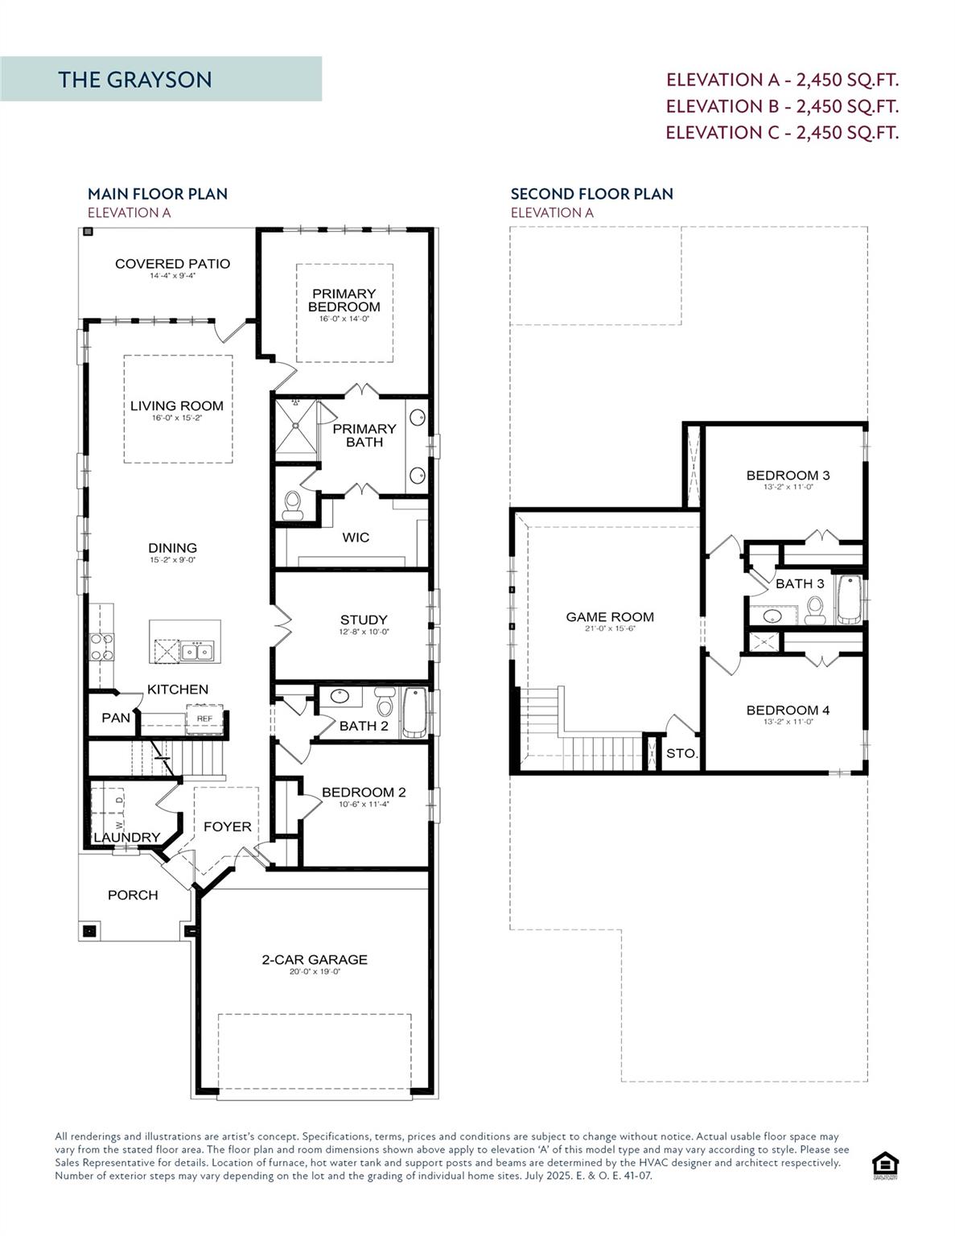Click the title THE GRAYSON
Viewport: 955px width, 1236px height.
135,80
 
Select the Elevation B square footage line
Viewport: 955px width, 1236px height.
782,106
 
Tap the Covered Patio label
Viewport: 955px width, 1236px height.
172,264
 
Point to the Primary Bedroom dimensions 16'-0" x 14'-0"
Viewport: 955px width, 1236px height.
344,319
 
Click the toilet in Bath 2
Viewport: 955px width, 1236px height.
385,702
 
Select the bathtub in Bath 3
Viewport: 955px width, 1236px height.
849,599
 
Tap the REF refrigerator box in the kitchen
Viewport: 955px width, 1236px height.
204,719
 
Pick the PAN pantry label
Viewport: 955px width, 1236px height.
115,718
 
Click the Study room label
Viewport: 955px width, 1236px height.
364,620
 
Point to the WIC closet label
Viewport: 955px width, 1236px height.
356,538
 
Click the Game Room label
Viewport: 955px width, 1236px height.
610,617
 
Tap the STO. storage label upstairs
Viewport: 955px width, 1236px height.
681,754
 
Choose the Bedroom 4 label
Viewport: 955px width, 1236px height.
788,710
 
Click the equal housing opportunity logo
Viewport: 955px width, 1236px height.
885,1165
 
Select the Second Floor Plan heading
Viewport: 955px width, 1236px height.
592,194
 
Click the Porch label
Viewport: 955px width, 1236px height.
133,895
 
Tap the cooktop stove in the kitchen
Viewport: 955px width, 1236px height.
101,647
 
